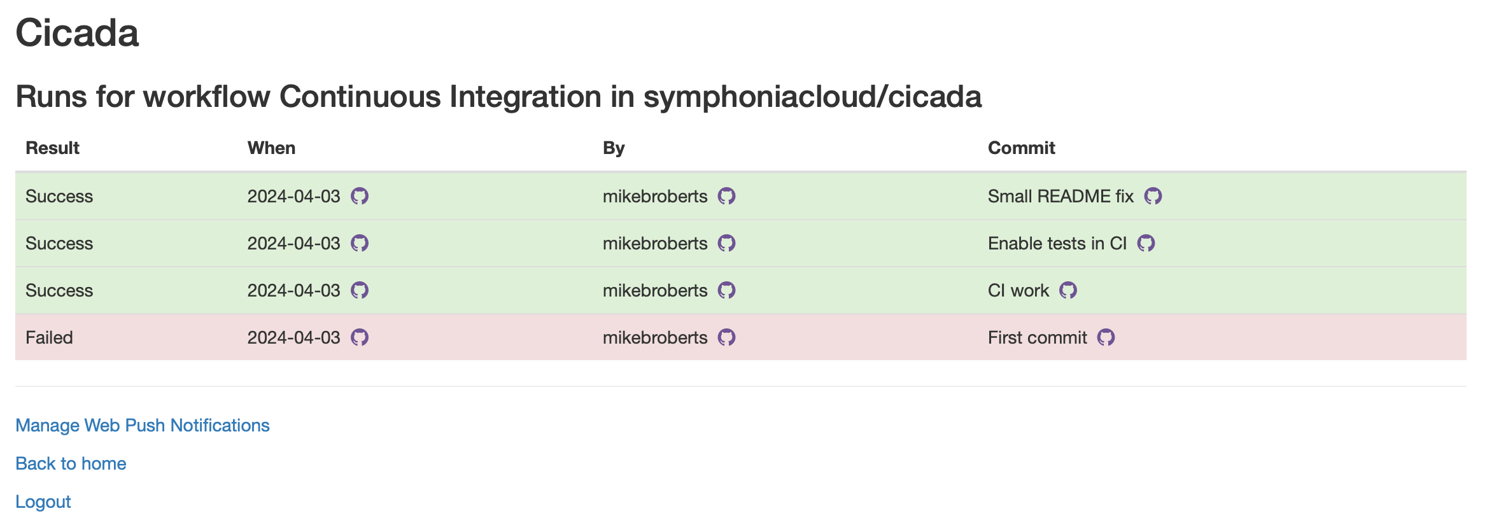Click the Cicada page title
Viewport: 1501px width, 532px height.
click(77, 32)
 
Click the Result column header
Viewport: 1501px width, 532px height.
click(52, 148)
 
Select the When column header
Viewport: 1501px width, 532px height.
click(271, 148)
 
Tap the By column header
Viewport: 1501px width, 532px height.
click(614, 148)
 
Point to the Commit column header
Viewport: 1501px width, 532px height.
click(1021, 148)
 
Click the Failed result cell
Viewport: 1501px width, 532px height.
click(49, 337)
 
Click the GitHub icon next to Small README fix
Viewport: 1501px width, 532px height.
click(1153, 196)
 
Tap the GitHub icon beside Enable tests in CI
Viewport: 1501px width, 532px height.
click(1146, 243)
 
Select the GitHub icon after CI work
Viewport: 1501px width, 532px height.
click(1068, 290)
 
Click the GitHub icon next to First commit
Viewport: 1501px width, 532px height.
click(1106, 337)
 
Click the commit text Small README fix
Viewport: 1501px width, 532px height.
click(1061, 196)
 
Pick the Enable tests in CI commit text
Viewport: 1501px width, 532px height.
click(1057, 243)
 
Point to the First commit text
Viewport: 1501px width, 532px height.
click(1037, 337)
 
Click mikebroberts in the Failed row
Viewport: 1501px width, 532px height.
click(655, 337)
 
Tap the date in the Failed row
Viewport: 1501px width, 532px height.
click(293, 337)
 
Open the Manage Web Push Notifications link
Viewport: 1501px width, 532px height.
click(143, 425)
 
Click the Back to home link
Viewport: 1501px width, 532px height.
click(71, 463)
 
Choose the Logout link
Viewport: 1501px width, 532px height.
click(43, 501)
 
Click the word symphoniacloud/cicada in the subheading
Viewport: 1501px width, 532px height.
click(812, 97)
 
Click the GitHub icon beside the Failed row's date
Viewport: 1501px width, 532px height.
click(360, 337)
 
